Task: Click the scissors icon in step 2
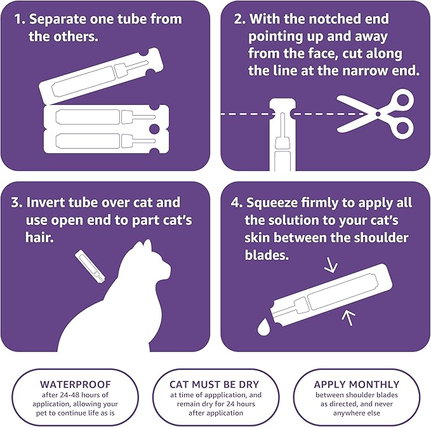point(375,114)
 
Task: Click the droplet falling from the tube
point(263,325)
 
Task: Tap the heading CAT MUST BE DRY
point(215,384)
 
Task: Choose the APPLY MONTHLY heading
point(357,384)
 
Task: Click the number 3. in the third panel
point(17,203)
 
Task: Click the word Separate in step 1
point(61,18)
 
